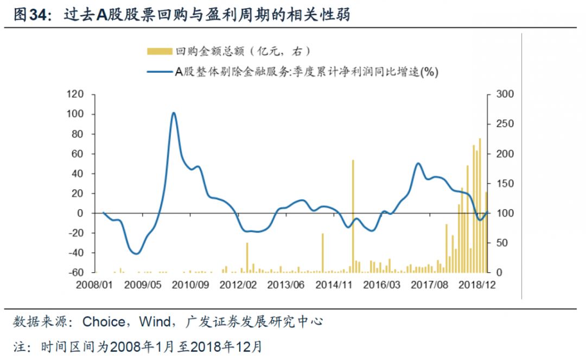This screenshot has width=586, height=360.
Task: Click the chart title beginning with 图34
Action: [182, 15]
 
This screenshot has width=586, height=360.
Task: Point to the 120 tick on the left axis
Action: [76, 94]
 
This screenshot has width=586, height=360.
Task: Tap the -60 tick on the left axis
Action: [76, 273]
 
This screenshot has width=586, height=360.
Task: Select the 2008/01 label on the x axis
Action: [103, 284]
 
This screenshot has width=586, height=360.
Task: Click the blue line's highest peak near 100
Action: [173, 113]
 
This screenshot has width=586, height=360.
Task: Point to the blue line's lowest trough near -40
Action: [136, 253]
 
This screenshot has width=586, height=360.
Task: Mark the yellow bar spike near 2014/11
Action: [322, 253]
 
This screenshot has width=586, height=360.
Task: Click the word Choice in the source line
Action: [103, 322]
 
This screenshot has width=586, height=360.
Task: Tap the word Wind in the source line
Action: [155, 322]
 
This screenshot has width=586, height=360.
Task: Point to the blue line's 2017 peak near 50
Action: [418, 163]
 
